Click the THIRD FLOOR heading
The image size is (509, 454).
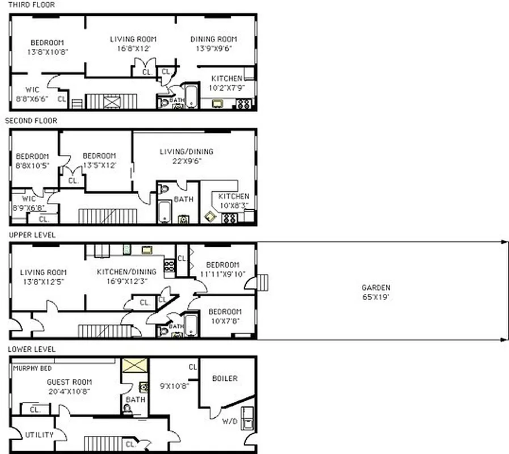(31, 5)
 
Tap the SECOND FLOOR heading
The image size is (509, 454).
(31, 120)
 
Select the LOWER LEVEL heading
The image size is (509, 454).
(32, 349)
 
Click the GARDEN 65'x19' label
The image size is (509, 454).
(376, 292)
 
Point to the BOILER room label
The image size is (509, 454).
(225, 379)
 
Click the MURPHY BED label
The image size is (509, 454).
(32, 368)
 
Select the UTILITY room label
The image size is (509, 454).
(39, 435)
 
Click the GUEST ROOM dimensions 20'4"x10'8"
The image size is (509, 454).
(69, 391)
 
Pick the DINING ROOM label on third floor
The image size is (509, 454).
(213, 39)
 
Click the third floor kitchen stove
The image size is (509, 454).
(243, 104)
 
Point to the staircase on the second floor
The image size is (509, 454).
(107, 216)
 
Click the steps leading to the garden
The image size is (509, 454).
(262, 283)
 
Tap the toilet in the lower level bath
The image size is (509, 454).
(127, 407)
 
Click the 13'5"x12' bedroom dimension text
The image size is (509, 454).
(99, 165)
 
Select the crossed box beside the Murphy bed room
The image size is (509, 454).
(134, 365)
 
